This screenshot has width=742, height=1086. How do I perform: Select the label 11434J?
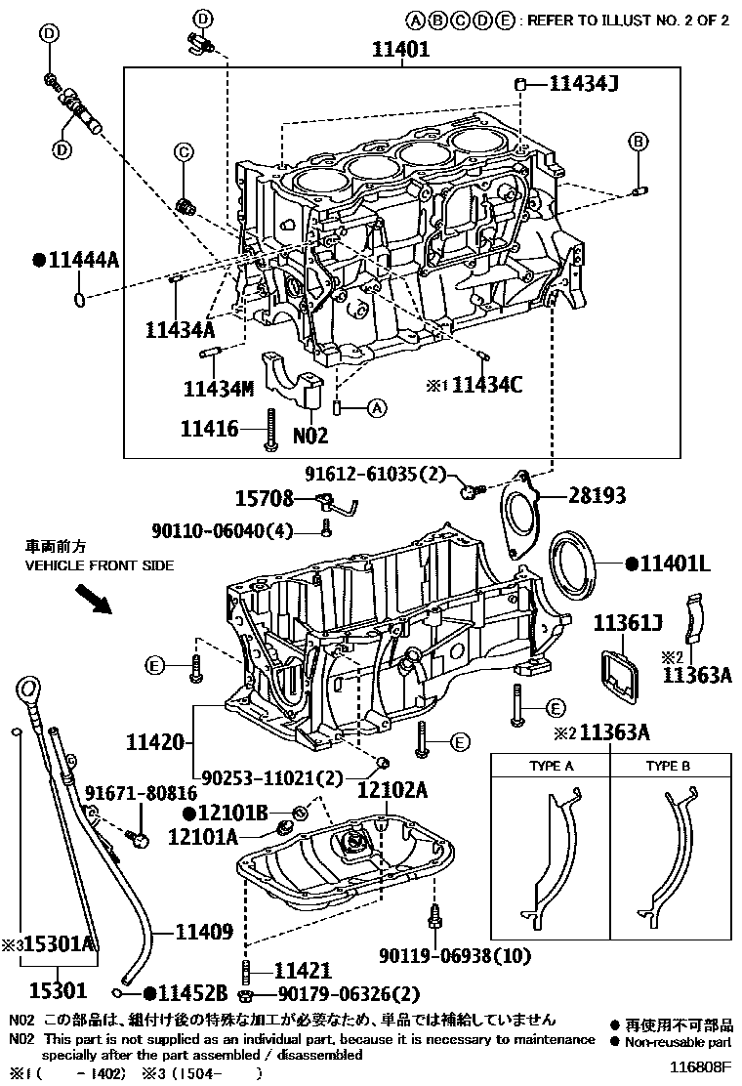point(583,86)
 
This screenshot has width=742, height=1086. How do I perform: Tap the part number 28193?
point(598,497)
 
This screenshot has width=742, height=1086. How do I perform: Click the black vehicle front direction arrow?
point(96,597)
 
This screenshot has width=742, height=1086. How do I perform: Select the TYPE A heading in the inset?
point(551,766)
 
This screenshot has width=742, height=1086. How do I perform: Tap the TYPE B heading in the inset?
point(668,766)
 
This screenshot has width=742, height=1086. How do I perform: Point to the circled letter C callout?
point(182,150)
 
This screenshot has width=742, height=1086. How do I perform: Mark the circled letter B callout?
point(638,142)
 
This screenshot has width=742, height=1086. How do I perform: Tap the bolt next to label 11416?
point(268,431)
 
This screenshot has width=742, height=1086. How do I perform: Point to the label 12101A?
point(202,836)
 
